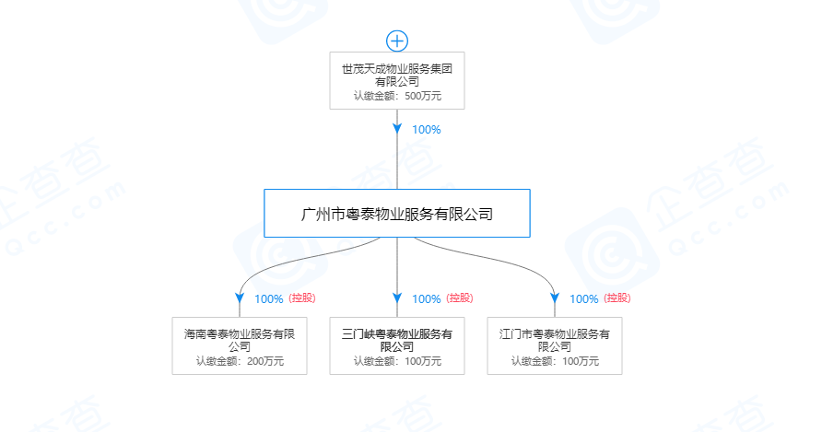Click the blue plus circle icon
tap(397, 40)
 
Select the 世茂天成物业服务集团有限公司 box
tap(397, 80)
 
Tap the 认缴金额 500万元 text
tap(397, 96)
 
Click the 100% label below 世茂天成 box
tap(427, 130)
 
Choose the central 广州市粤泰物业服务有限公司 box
tap(397, 214)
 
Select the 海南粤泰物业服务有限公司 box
tap(240, 345)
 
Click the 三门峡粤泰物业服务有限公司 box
tap(397, 345)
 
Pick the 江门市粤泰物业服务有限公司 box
tap(555, 345)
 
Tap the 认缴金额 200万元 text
tap(240, 361)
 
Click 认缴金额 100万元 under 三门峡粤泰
tap(397, 361)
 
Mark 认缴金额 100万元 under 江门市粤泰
tap(555, 361)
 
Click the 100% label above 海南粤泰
tap(269, 298)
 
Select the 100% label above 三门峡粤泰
tap(427, 298)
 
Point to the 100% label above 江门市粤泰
tap(584, 298)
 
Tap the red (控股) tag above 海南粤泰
tap(302, 298)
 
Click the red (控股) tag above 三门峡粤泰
tap(460, 298)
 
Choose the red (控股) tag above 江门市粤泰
tap(617, 298)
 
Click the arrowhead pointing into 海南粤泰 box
tap(240, 298)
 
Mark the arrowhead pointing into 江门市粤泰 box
tap(555, 298)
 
